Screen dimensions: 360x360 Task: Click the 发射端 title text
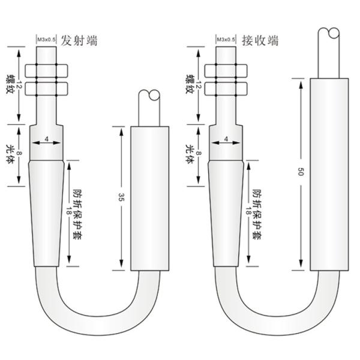click(79, 41)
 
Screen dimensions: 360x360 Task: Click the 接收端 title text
click(260, 41)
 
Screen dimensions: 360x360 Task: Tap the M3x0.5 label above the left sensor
click(47, 40)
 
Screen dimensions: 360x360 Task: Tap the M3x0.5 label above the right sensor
click(226, 40)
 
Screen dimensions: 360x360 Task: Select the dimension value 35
click(121, 197)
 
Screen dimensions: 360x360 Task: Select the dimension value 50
click(301, 172)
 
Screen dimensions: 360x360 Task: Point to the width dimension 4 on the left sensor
click(47, 139)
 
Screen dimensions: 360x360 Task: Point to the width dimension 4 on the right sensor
click(226, 139)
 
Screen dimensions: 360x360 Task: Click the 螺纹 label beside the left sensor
click(10, 84)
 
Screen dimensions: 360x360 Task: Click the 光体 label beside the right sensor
click(189, 154)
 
